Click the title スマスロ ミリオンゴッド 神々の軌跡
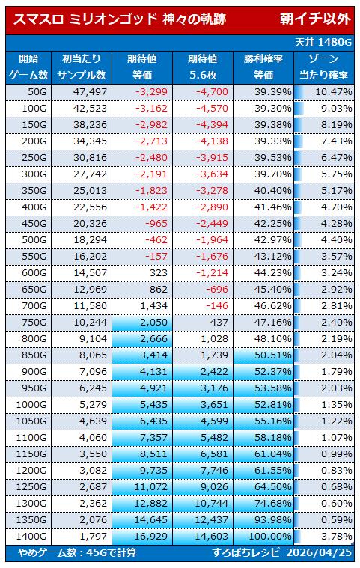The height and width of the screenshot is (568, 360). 120,19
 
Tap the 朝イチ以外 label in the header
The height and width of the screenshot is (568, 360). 315,19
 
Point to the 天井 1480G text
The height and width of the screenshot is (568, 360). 323,43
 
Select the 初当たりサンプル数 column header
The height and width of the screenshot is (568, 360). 82,67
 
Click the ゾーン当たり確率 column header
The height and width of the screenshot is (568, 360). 323,67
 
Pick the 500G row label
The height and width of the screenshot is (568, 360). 34,239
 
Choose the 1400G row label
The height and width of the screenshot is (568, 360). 31,536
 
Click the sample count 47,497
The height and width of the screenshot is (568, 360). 90,91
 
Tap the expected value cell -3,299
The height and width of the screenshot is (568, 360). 151,91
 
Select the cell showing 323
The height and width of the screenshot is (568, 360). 159,272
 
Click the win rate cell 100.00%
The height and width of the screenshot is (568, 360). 270,536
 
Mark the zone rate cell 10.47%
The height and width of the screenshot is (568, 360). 334,91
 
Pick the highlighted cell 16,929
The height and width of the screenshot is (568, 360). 151,536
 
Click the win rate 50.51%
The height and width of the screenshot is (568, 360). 272,355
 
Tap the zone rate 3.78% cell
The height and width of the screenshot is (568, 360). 337,536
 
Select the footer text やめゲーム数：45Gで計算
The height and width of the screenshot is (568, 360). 77,552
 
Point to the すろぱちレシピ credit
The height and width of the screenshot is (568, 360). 246,552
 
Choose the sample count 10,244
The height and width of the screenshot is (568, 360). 90,322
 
